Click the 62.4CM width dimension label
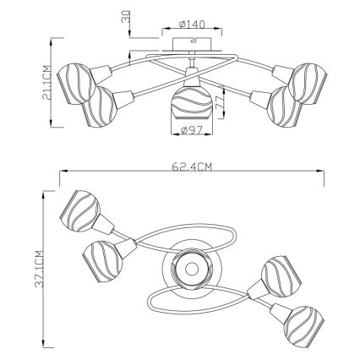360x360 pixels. coord(191,167)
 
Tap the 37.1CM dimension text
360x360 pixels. coord(40,269)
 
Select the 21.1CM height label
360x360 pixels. coord(46,83)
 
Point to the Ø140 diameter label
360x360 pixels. coord(192,25)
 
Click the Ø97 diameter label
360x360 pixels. coord(193,130)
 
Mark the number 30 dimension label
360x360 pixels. coord(126,17)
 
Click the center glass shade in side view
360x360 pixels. coord(192,102)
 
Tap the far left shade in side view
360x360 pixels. coord(74,84)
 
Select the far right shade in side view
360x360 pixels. coord(309,84)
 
